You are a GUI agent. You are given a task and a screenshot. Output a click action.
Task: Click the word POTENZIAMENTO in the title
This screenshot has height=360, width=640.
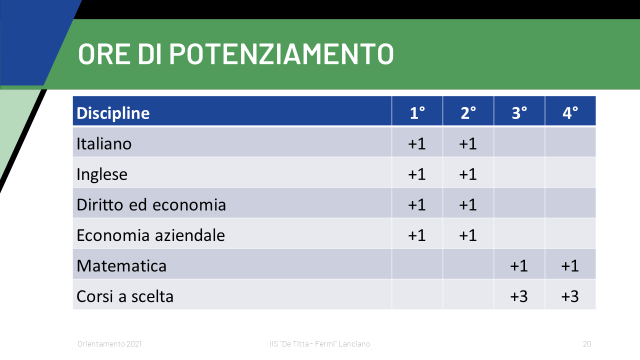coord(281,54)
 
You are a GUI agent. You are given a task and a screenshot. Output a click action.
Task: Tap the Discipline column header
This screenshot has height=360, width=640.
coord(113,113)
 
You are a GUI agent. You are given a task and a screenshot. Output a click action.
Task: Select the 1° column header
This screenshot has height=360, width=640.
coord(417,113)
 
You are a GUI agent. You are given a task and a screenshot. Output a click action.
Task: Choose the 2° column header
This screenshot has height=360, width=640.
coord(468,113)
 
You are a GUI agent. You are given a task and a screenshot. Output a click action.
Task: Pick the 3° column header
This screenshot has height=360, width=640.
coord(519,113)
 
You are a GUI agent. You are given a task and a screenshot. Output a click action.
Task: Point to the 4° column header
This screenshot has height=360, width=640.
coord(570,113)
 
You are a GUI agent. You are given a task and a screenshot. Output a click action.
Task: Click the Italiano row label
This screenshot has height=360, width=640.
coord(104,143)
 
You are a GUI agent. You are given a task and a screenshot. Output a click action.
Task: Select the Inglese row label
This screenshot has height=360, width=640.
coord(102,174)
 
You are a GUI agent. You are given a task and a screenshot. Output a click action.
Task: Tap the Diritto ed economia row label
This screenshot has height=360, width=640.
coord(151,204)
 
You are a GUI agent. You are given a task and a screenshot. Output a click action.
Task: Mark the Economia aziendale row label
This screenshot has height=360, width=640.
coord(151,235)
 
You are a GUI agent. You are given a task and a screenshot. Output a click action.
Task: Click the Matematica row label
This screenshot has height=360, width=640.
coord(121,265)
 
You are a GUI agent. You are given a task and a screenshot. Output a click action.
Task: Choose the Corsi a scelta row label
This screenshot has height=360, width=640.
coord(125,296)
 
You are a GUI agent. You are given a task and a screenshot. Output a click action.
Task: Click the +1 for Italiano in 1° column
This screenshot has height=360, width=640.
coord(417,143)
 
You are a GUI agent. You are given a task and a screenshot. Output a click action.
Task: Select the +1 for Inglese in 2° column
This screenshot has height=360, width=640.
coord(468,174)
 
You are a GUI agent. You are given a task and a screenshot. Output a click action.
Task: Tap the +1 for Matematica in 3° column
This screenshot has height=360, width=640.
coord(519,265)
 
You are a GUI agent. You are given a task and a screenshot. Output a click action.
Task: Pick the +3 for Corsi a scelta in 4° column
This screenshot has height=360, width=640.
coord(570,296)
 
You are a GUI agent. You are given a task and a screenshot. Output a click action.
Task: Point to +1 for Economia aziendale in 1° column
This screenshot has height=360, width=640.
coord(417,235)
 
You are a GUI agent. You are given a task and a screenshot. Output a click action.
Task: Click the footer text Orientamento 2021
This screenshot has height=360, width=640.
coord(109,343)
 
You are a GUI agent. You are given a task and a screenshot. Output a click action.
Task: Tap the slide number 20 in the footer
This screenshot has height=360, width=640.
coord(587,343)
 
